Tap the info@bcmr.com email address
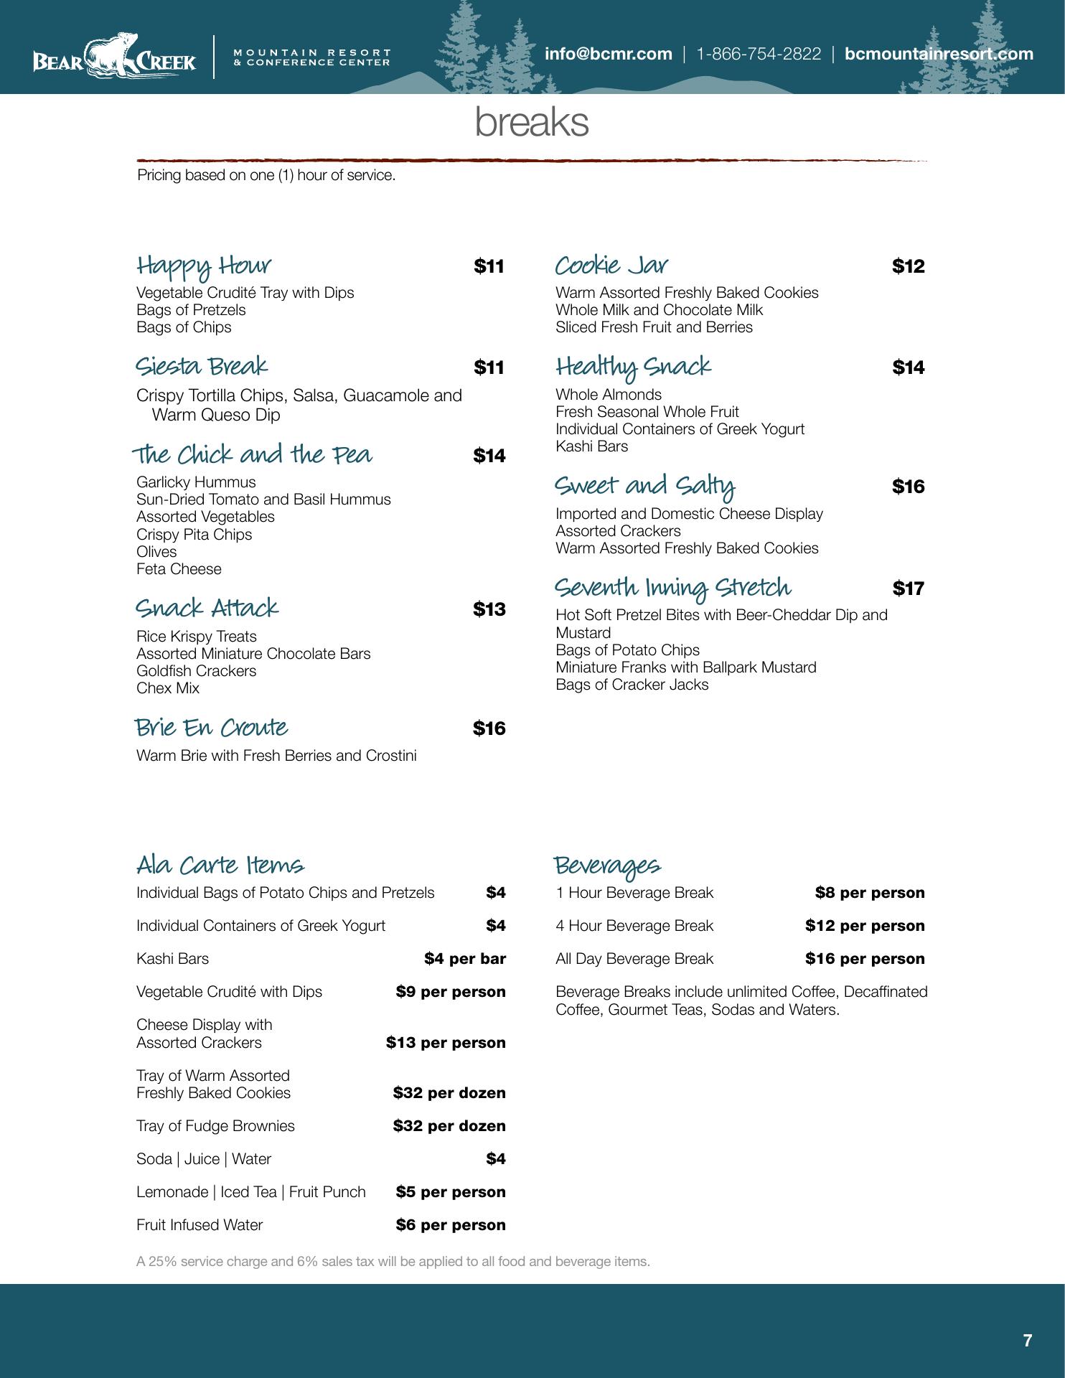pos(608,54)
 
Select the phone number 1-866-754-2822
pos(759,54)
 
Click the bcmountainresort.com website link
pos(939,54)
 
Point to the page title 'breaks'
pos(532,122)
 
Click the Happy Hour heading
pos(204,266)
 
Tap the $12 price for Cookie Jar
pos(908,267)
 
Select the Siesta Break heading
pos(202,367)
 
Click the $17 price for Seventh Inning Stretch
pos(908,589)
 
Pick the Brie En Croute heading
pos(212,728)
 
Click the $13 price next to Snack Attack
pos(489,609)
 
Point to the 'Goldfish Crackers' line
pos(196,671)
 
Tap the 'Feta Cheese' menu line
pos(179,569)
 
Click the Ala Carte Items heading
pos(220,865)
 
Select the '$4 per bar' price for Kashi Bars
pos(464,959)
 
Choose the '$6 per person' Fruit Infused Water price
pos(450,1225)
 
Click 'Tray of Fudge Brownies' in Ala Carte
pos(215,1126)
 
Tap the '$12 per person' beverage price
pos(864,926)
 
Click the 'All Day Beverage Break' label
pos(634,959)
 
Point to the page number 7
pos(1027,1341)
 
